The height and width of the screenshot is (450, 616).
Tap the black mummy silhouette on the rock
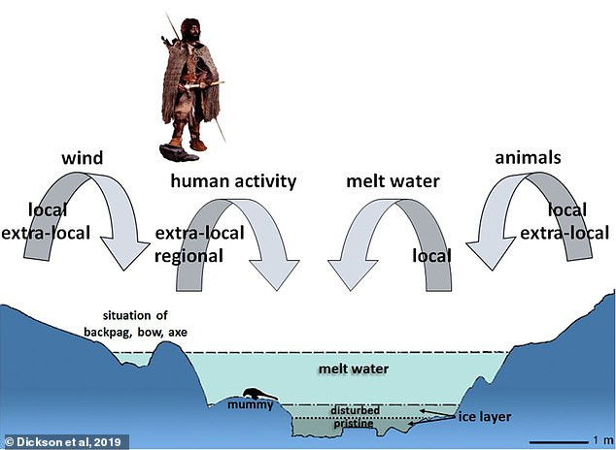(x=255, y=394)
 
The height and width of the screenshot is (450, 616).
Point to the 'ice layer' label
(x=482, y=417)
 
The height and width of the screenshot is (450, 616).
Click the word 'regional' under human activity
(x=188, y=255)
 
